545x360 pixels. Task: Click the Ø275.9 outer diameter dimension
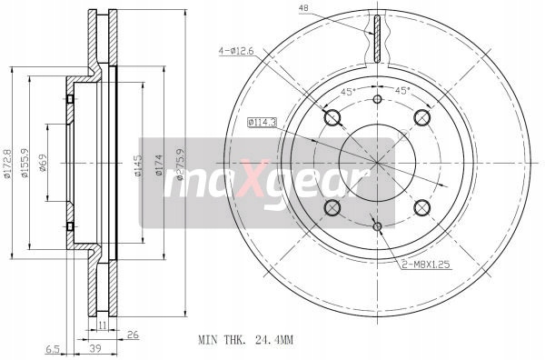pyautogui.click(x=180, y=165)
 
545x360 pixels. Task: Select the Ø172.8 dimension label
pyautogui.click(x=7, y=164)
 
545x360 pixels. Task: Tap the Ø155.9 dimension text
pyautogui.click(x=25, y=163)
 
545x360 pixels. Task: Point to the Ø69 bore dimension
pyautogui.click(x=43, y=163)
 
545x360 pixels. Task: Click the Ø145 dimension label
pyautogui.click(x=138, y=165)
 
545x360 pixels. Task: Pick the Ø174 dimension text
pyautogui.click(x=159, y=165)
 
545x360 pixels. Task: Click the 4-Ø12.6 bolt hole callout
pyautogui.click(x=236, y=51)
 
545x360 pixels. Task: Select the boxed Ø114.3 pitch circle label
pyautogui.click(x=262, y=122)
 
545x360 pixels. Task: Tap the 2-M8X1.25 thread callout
pyautogui.click(x=426, y=265)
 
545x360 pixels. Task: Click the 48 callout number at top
pyautogui.click(x=303, y=8)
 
